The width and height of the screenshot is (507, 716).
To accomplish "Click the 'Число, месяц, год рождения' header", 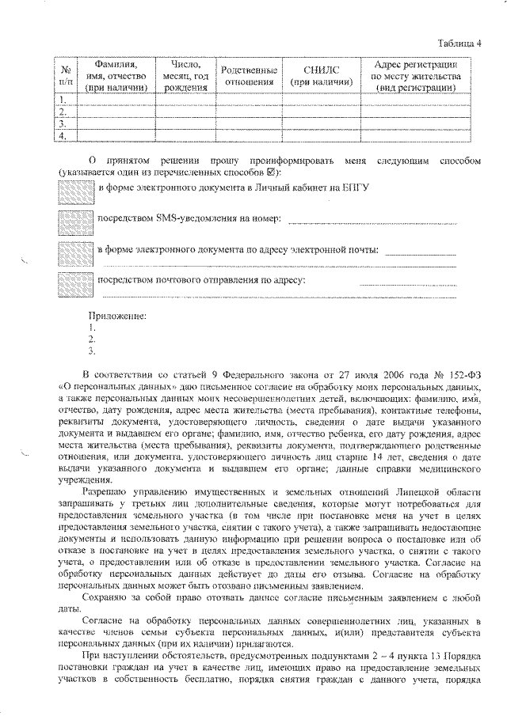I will point(186,75).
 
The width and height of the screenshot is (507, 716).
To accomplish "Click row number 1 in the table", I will point(63,99).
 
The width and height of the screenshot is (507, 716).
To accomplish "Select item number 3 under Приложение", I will point(93,350).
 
